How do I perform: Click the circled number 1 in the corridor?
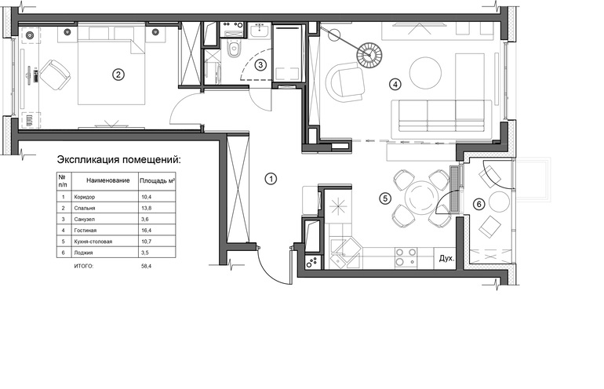point(271,179)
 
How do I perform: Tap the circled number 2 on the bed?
point(118,75)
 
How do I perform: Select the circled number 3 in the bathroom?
point(260,65)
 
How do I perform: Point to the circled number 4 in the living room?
point(395,84)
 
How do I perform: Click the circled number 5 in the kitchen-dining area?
point(385,198)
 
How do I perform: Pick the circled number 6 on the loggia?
point(478,204)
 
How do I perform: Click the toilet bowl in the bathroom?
point(234,49)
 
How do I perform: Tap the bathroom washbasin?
point(259,31)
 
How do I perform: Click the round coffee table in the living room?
point(425,73)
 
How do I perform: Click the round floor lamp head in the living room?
point(369,55)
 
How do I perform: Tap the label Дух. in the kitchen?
point(446,259)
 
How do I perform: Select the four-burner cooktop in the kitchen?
point(406,257)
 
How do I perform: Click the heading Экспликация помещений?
point(118,159)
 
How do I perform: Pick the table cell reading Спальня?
point(85,208)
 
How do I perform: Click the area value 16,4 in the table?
point(145,231)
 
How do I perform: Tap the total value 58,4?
point(146,266)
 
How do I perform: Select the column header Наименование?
point(108,180)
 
